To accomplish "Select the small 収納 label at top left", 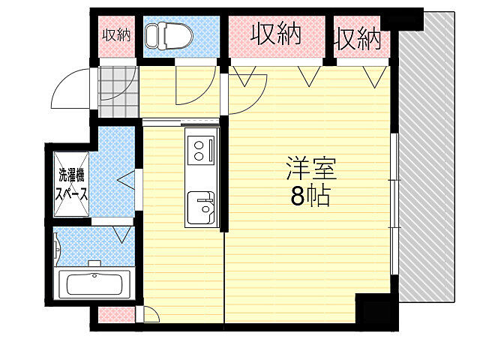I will point(116,34).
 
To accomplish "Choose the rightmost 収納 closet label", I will point(358,37).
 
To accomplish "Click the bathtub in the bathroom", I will point(95,284).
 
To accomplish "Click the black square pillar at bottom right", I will point(374,310).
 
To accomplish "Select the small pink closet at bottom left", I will point(116,315).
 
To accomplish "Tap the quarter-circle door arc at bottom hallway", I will point(151,315).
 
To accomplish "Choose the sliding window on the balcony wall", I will point(394,202).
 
